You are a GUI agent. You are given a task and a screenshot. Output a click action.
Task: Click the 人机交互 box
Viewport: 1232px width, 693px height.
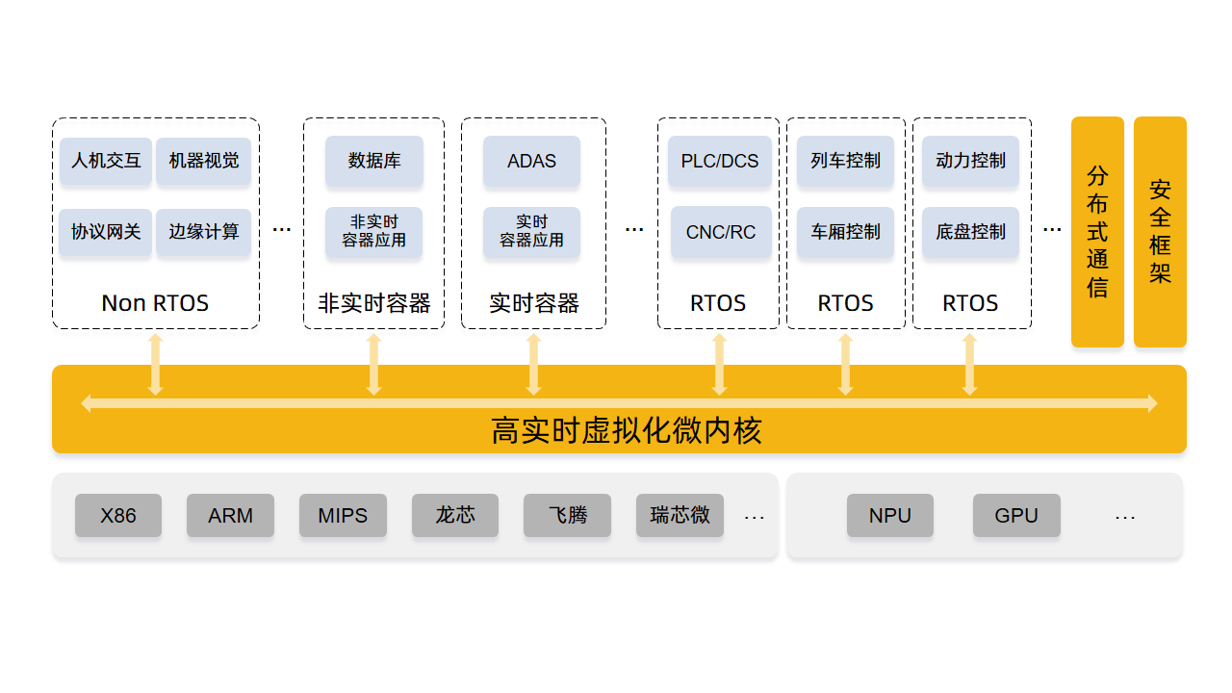pyautogui.click(x=106, y=161)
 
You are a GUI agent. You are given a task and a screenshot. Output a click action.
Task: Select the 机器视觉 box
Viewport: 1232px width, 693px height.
pyautogui.click(x=203, y=161)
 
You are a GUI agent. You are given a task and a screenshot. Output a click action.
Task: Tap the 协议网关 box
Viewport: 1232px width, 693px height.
pyautogui.click(x=106, y=232)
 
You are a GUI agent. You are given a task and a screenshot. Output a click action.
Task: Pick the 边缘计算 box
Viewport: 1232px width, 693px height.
pyautogui.click(x=203, y=232)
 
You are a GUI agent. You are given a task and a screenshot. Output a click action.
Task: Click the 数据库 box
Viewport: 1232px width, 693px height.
pyautogui.click(x=373, y=161)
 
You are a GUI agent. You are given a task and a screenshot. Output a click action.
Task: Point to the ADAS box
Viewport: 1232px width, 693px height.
pyautogui.click(x=531, y=161)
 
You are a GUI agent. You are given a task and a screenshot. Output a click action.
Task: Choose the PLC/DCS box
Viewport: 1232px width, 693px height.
pyautogui.click(x=719, y=161)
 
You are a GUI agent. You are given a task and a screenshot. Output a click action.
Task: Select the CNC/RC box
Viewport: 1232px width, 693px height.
pyautogui.click(x=720, y=232)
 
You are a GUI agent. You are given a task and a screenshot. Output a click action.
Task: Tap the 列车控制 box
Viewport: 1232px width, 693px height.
pyautogui.click(x=845, y=161)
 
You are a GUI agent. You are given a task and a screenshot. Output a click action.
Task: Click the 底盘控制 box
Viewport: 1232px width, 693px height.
pyautogui.click(x=970, y=232)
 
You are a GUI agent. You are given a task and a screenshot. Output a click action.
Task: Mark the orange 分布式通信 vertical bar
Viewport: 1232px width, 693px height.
pyautogui.click(x=1097, y=232)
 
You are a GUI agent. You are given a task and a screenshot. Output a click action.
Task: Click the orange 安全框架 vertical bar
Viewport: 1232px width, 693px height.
pyautogui.click(x=1160, y=232)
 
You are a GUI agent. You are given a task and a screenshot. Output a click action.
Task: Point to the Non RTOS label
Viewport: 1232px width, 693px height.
pyautogui.click(x=155, y=303)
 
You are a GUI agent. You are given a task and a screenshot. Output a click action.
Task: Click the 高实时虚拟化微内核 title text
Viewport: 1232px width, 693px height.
pyautogui.click(x=626, y=430)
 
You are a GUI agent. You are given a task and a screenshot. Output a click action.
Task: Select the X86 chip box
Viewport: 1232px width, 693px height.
pyautogui.click(x=118, y=516)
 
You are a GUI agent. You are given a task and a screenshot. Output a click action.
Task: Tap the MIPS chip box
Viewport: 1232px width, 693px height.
pyautogui.click(x=343, y=516)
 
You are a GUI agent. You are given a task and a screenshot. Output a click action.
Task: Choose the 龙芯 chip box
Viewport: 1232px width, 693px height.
pyautogui.click(x=455, y=516)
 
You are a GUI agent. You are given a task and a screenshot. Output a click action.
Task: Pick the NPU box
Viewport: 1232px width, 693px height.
pyautogui.click(x=890, y=516)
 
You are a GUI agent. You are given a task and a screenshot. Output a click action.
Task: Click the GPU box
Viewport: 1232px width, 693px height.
pyautogui.click(x=1016, y=516)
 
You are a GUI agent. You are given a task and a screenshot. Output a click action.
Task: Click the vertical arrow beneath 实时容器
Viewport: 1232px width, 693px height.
pyautogui.click(x=533, y=364)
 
